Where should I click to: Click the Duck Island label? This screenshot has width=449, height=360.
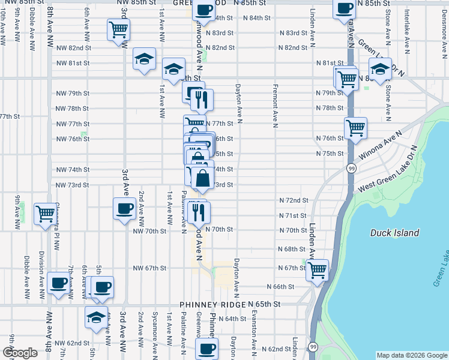pos(394,233)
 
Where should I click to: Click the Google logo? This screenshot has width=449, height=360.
pos(20,353)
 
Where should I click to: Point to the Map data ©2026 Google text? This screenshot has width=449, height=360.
pos(411,355)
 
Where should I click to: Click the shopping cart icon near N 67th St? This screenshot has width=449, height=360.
pos(316,269)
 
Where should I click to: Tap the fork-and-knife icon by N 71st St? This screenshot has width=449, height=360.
pos(199,211)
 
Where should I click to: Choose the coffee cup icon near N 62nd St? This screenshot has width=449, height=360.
pos(208,347)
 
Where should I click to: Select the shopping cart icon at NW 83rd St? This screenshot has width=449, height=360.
pos(118,29)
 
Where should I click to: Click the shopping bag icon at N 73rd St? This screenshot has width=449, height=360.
pos(203,178)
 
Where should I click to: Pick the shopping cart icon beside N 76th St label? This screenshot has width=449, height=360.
pos(355,127)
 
